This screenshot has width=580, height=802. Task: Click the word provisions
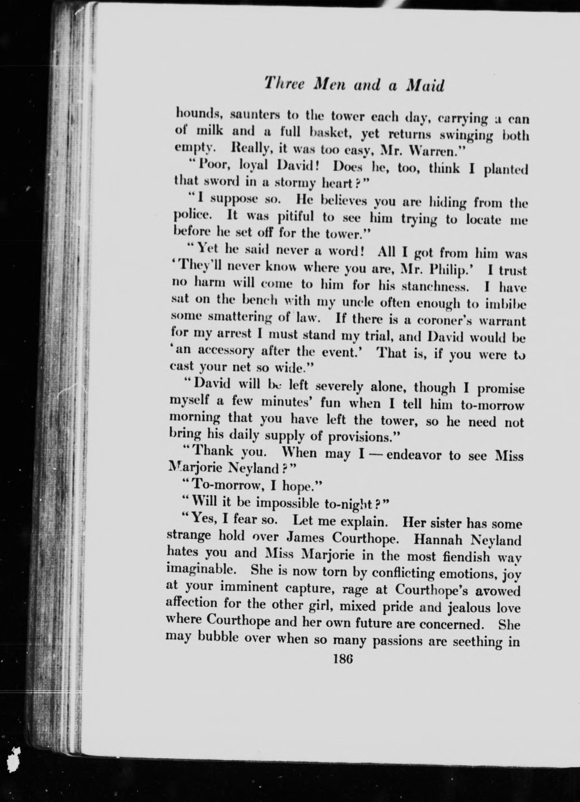point(363,438)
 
